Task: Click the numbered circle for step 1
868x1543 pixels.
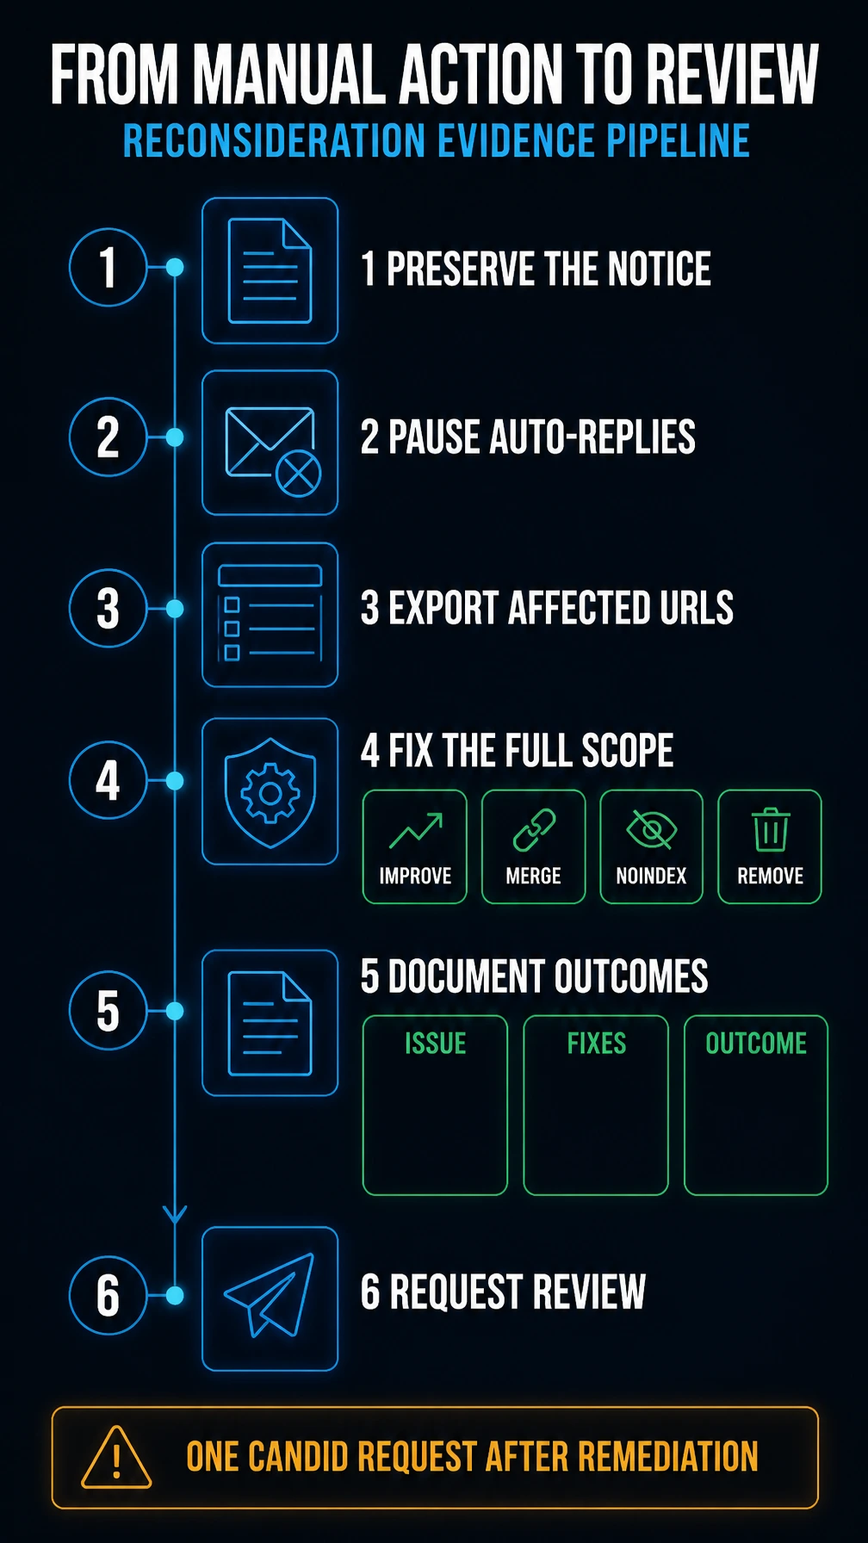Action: pos(108,267)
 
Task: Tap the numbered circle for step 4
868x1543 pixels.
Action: pos(108,780)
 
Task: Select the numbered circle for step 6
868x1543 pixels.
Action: pos(108,1295)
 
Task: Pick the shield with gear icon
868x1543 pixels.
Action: pos(270,792)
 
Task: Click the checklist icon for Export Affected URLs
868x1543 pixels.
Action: pos(270,613)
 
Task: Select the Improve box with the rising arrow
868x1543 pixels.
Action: pos(415,846)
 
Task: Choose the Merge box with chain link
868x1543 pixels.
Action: pos(533,846)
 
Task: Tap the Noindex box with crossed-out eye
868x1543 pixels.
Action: pos(651,846)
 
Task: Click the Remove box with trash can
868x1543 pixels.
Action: pos(770,846)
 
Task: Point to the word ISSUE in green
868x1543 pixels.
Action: pos(436,1044)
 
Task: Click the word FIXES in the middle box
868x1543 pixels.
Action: pos(596,1044)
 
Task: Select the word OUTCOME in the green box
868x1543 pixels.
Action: pos(756,1044)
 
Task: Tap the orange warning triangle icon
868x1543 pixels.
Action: pos(116,1458)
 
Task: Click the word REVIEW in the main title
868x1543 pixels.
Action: pos(732,75)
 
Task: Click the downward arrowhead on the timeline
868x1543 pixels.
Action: pos(175,1214)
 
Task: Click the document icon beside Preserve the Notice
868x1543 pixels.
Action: pos(270,270)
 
